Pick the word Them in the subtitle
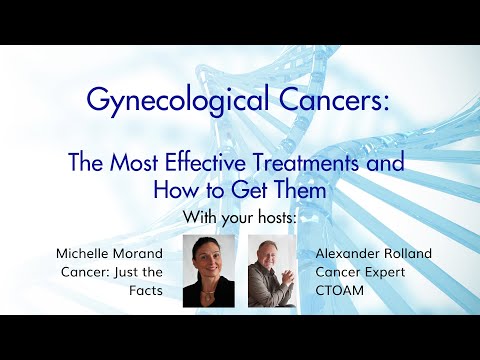(x=301, y=188)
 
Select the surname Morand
(x=143, y=253)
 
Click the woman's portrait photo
(x=209, y=271)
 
